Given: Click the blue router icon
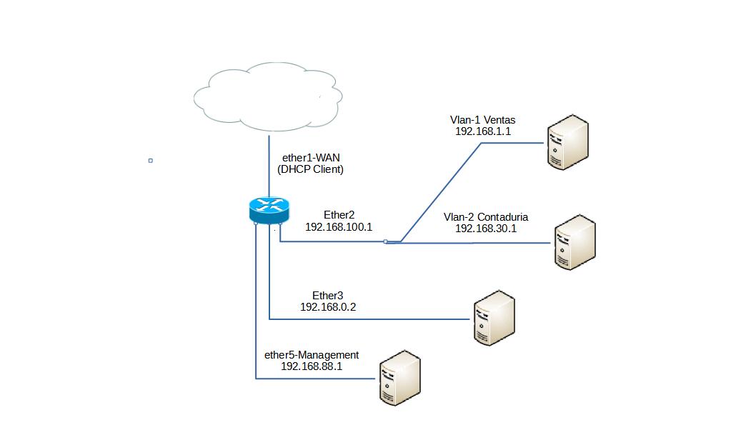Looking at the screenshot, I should coord(269,209).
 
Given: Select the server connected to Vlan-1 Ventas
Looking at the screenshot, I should coord(568,144).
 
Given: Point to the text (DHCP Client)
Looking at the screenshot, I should coord(310,169).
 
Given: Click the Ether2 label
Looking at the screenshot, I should coord(339,214).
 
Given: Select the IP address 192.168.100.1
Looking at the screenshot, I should coord(339,226).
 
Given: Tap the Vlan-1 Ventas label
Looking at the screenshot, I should coord(482,119).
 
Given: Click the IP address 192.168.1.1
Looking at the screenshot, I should coord(482,131).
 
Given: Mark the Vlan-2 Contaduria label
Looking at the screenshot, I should coord(486,216).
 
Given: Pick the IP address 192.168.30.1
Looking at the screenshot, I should coord(486,229).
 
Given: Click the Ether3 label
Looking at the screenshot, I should coord(328,294).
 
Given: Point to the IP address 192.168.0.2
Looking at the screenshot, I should coord(328,306).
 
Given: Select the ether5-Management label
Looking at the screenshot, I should coord(312,354).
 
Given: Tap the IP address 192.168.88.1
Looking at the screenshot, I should coord(312,366).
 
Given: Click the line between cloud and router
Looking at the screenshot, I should coord(269,164).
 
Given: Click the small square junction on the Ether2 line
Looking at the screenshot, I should coord(385,242).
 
